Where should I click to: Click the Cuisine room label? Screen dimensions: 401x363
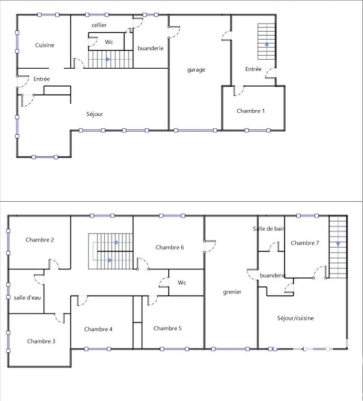coord(45,45)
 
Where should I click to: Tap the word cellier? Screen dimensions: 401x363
coord(99,25)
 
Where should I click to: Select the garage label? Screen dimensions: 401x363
coord(196,70)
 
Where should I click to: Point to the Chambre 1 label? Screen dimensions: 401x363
coord(251,111)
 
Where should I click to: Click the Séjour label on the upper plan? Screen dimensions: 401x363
coord(94,114)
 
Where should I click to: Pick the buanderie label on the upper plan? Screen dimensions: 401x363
coord(151,48)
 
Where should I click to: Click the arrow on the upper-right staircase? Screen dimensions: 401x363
coord(267,44)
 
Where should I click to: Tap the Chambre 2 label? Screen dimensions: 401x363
coord(40,240)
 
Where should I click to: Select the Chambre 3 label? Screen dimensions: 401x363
coord(41,341)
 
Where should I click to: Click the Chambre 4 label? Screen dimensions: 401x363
coord(98,329)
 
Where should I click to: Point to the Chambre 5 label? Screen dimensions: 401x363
coord(168,328)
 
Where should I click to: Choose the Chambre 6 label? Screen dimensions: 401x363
coord(170,247)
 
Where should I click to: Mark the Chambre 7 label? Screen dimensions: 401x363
coord(305,243)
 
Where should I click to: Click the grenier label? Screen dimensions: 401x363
coord(232,292)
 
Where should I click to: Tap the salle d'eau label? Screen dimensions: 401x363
coord(27,297)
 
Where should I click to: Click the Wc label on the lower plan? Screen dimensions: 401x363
coord(182,283)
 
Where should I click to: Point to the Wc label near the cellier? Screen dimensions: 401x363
coord(108,42)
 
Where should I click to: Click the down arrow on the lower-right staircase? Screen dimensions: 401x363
coord(338,244)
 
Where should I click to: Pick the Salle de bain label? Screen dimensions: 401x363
coord(269,229)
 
